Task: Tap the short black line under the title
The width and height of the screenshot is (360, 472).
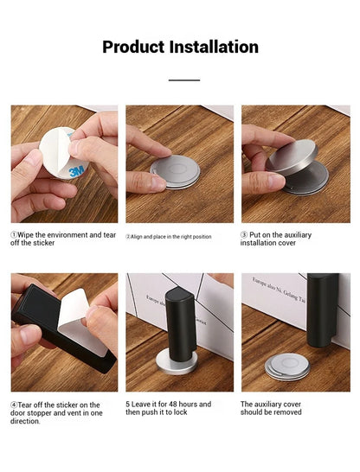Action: (183, 80)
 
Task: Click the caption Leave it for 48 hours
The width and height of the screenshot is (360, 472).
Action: (169, 408)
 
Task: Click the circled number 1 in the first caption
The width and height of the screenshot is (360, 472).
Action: (14, 234)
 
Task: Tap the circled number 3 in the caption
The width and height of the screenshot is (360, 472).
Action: (244, 234)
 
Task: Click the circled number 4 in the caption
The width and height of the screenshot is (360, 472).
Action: (14, 405)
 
